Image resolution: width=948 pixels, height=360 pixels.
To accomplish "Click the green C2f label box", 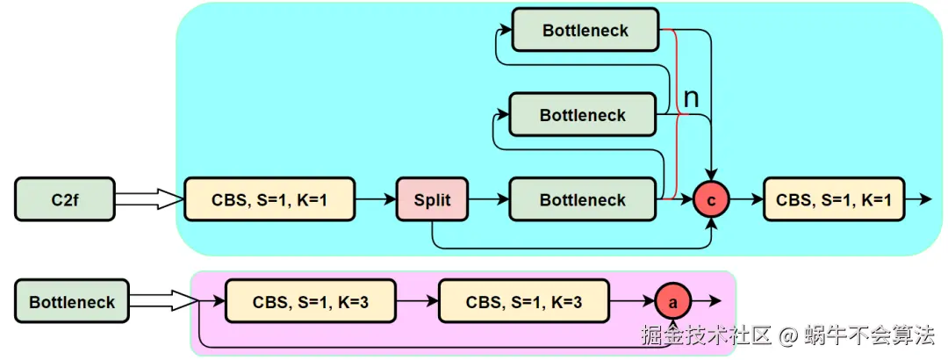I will point(65,199).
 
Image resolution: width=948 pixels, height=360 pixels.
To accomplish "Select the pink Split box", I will point(432,200).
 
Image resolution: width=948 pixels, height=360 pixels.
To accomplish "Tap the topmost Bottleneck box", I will point(585,31).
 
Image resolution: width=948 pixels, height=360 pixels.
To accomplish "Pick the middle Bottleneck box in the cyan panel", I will point(583,116).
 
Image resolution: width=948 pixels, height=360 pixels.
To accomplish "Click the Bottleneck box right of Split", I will point(583,200).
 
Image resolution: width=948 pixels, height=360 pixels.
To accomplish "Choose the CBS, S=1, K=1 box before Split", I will point(269,200).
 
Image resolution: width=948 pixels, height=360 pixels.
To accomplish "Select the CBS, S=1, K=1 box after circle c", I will point(834,200).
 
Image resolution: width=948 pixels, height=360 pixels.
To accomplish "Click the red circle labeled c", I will point(712,200).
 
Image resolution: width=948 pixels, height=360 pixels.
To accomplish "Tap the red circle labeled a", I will point(674,302).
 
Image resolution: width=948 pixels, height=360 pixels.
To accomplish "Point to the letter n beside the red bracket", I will point(691,97).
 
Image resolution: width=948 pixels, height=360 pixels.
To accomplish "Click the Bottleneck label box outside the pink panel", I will point(72,302).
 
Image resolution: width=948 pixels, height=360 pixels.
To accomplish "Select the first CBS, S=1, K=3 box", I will point(311,302).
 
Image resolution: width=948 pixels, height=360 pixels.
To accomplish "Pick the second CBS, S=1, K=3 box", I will point(524,302).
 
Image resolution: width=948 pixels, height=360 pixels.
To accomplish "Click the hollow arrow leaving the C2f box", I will point(148,200).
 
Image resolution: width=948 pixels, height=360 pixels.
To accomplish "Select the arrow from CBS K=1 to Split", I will point(376,200).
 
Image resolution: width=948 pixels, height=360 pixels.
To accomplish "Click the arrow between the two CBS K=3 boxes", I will point(417,302).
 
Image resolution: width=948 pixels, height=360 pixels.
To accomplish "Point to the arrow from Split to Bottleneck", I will point(488,200).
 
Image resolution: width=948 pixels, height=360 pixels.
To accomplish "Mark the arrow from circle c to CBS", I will point(747,200).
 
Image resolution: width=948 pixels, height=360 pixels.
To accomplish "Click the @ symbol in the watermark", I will point(788,335).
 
